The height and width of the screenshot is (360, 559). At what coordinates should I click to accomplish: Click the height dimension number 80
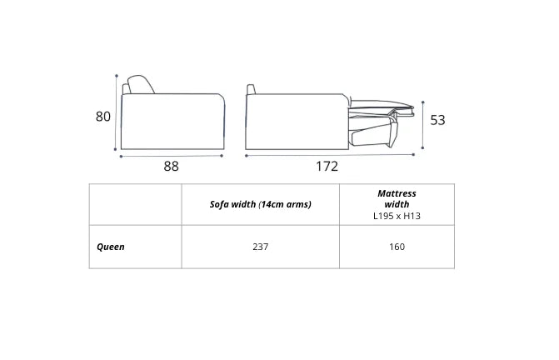click(103, 117)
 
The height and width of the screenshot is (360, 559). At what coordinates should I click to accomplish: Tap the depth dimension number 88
click(171, 166)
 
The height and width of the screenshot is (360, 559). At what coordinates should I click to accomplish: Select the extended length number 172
click(327, 166)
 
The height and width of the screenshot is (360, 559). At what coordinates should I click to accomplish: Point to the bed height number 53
click(437, 120)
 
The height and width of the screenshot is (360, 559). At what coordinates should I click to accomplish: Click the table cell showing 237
click(260, 247)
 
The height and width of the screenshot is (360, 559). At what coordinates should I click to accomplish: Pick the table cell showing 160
click(397, 247)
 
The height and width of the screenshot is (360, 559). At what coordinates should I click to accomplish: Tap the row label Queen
click(111, 247)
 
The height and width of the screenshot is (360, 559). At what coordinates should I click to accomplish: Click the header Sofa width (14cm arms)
click(260, 204)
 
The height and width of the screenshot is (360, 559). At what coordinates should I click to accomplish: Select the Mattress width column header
click(397, 199)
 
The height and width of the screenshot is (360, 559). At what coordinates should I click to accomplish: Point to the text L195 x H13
click(397, 216)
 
